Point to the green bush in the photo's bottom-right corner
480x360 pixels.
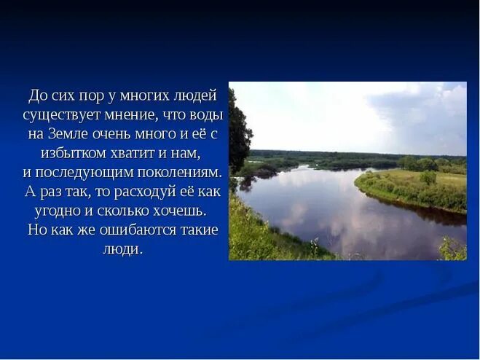click(x=452, y=249)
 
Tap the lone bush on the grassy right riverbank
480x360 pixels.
click(x=428, y=176)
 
